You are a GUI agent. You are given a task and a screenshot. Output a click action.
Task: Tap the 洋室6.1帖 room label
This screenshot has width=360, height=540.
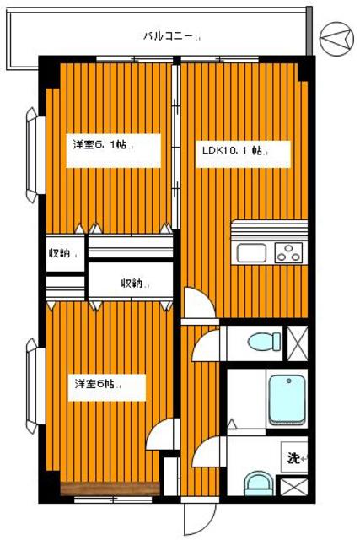tap(100, 144)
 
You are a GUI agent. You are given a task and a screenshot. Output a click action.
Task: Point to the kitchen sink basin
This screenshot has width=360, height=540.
tap(251, 251)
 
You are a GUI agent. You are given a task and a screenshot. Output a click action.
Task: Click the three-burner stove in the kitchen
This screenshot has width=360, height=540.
tap(287, 251)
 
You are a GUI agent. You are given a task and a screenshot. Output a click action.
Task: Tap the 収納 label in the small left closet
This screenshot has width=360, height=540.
tap(63, 253)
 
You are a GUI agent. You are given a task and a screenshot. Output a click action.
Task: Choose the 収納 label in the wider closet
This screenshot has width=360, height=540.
tap(133, 283)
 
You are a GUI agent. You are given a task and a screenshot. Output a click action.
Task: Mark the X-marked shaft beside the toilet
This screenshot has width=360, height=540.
tap(298, 342)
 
